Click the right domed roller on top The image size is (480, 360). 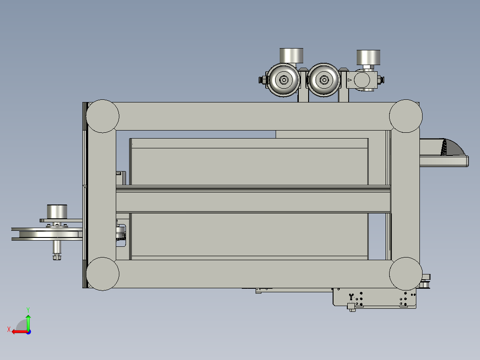(324, 80)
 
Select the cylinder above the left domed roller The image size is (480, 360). (291, 56)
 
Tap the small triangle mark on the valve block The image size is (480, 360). (350, 80)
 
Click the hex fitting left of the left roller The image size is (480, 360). (262, 80)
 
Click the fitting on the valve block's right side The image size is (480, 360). (381, 80)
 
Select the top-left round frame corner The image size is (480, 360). (102, 116)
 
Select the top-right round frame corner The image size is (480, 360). (406, 116)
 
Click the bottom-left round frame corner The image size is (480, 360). (102, 274)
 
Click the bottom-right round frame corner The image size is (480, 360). (406, 273)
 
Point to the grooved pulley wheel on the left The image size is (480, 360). (47, 234)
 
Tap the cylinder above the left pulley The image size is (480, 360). (57, 211)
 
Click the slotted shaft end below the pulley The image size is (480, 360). (57, 257)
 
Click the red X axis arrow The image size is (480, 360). (18, 331)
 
